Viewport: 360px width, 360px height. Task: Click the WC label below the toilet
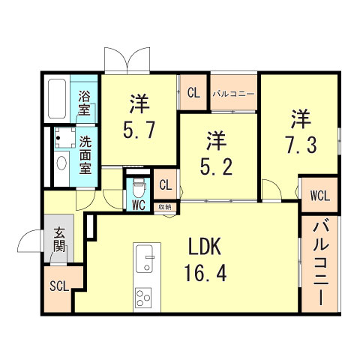[x=138, y=205]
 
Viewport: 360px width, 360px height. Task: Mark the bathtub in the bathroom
[x=57, y=99]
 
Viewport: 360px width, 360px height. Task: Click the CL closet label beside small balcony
[x=193, y=94]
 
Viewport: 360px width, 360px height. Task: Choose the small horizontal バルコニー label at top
[x=233, y=94]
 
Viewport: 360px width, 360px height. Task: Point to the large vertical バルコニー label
[x=319, y=262]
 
